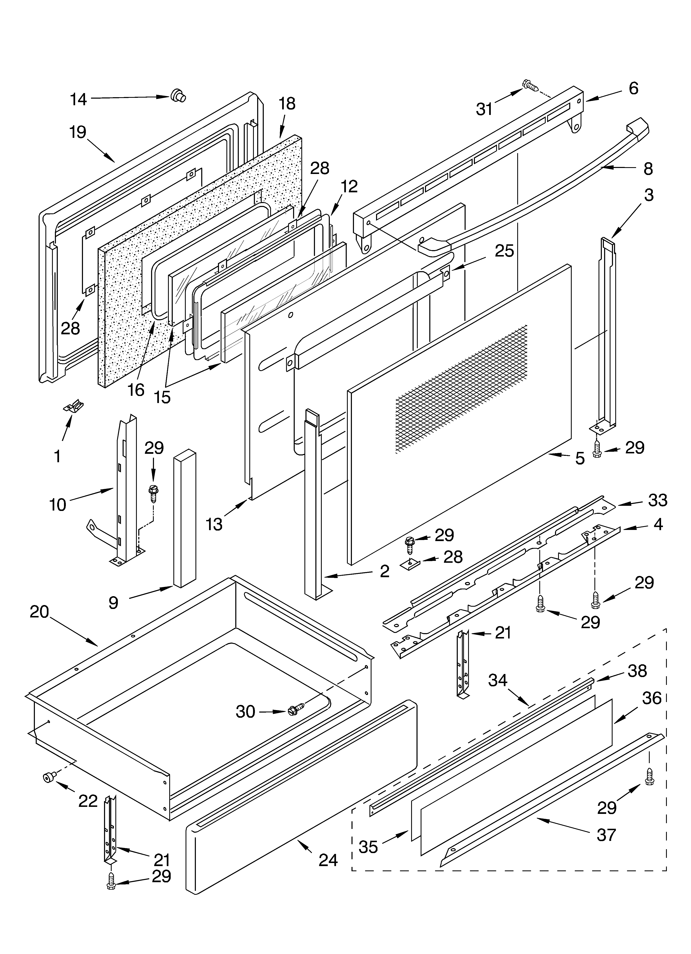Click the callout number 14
[x=78, y=100]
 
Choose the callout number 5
[x=580, y=458]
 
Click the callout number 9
[x=113, y=603]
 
